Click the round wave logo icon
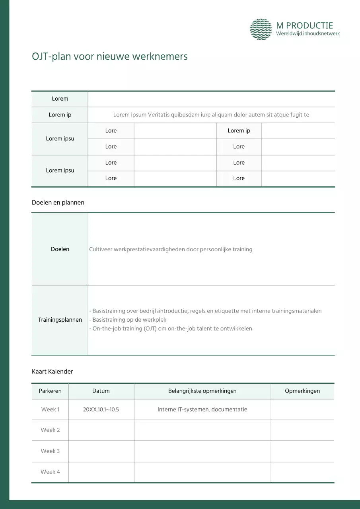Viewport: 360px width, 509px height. tap(261, 29)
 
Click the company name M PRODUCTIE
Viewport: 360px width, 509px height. tap(304, 25)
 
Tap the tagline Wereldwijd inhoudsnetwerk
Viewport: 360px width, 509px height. tap(308, 34)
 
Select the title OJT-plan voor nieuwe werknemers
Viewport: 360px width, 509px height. tap(109, 56)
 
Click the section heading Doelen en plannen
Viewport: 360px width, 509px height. tap(58, 202)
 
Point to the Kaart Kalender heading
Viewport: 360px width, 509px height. tap(53, 371)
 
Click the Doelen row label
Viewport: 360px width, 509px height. tap(60, 249)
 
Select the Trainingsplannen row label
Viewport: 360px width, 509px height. tap(60, 320)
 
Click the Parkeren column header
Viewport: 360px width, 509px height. tap(50, 391)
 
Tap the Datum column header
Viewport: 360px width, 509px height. tap(101, 391)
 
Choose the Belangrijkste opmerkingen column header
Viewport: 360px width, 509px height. tap(202, 391)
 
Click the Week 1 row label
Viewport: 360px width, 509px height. tap(50, 410)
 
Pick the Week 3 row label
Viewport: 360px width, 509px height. tap(50, 451)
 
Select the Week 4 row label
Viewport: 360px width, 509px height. tap(50, 472)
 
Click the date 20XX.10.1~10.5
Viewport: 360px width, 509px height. tap(101, 410)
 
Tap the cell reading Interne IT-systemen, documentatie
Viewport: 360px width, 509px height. tap(202, 410)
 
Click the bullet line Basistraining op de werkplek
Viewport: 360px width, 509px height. tap(129, 320)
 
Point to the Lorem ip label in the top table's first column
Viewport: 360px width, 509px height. tap(60, 115)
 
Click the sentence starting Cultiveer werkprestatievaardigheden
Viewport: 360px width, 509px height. tap(171, 249)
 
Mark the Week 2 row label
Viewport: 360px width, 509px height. tap(50, 430)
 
